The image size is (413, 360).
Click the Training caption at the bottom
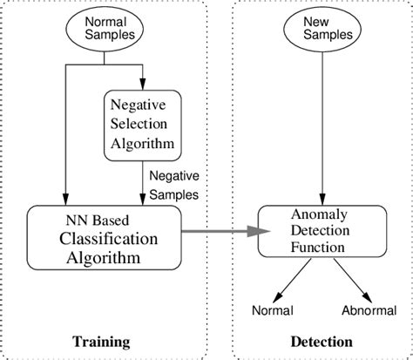click(x=104, y=341)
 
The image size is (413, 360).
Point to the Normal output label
click(x=272, y=310)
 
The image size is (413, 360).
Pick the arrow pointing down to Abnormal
click(x=352, y=281)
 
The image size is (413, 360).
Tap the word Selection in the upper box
click(x=142, y=123)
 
